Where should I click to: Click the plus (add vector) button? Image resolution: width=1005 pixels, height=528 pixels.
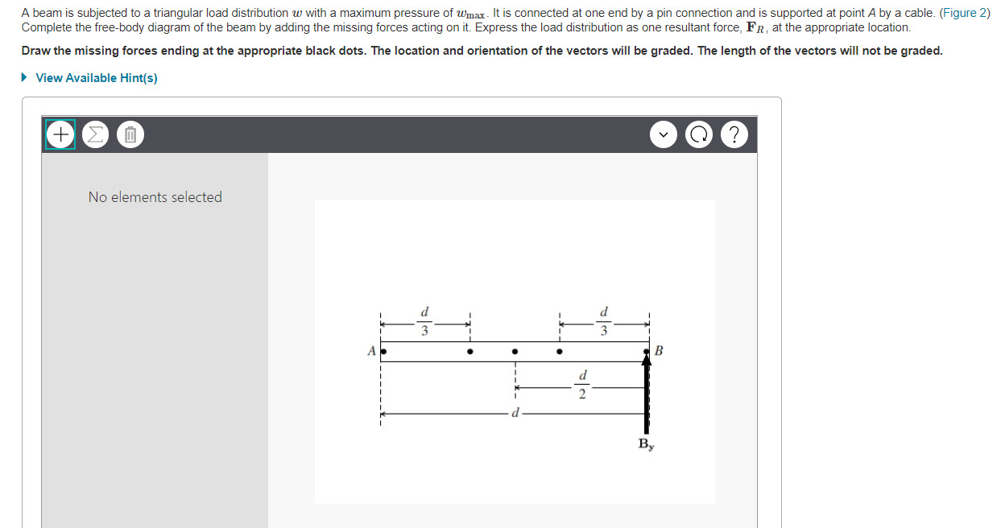(x=60, y=134)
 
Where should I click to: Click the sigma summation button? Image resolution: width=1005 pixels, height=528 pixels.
(x=95, y=134)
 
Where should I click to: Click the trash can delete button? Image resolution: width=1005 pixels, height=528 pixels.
(x=130, y=134)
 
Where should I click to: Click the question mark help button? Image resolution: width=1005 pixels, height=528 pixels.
(x=733, y=134)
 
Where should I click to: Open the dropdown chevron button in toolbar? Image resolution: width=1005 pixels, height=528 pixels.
(x=664, y=134)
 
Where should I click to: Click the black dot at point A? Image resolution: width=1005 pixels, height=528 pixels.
(x=384, y=352)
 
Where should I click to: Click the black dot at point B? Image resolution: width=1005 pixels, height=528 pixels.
(x=646, y=352)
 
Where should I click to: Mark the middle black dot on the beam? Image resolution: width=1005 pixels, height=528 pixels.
(x=515, y=352)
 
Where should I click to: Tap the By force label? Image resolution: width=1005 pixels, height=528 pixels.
(x=646, y=443)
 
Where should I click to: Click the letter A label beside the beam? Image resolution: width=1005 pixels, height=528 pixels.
(x=371, y=351)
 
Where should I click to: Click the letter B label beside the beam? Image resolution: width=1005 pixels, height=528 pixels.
(x=659, y=351)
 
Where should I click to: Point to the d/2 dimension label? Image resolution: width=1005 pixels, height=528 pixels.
(x=582, y=385)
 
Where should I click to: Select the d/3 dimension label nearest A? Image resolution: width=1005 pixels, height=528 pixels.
(x=425, y=320)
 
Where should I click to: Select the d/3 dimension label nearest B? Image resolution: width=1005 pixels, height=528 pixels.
(x=604, y=320)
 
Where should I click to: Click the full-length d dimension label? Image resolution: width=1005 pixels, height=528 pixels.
(x=515, y=414)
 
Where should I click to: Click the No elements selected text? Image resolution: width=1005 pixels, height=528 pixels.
(x=155, y=197)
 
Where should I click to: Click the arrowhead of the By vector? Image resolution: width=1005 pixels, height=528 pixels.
(x=646, y=361)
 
